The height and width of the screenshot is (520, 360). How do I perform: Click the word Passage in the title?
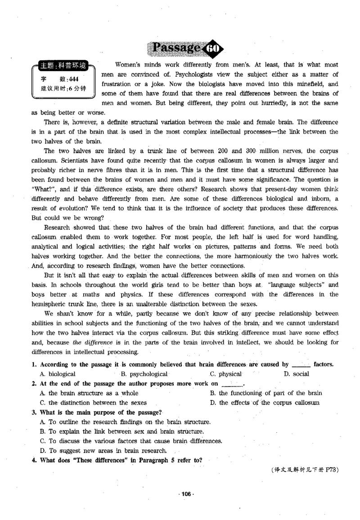click(176, 47)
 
